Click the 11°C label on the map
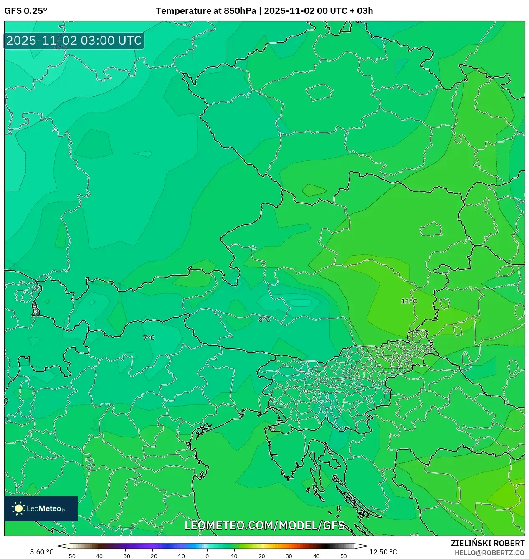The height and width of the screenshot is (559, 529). [x=409, y=301]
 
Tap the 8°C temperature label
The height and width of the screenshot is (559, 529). [x=264, y=320]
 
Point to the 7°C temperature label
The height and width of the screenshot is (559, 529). [x=149, y=338]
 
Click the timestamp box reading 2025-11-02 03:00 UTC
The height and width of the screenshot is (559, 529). [x=74, y=41]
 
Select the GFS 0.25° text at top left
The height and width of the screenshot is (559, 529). [x=25, y=11]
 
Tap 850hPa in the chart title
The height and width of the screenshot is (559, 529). [x=240, y=11]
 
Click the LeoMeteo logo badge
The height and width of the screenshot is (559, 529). [x=41, y=508]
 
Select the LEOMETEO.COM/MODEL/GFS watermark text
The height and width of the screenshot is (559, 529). [x=264, y=525]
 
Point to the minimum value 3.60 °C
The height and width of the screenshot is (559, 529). [x=42, y=552]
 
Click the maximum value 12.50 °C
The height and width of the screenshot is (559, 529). [x=383, y=552]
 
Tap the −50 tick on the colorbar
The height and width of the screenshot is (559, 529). [x=71, y=556]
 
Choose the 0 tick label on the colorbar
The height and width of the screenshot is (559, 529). [x=207, y=556]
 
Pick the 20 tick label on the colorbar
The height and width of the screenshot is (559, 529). [x=262, y=556]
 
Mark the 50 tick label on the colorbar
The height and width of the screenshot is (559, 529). [x=344, y=556]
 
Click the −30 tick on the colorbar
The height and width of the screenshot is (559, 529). [x=125, y=556]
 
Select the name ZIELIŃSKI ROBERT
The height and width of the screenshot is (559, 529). [x=487, y=543]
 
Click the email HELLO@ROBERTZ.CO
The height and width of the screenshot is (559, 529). [x=489, y=553]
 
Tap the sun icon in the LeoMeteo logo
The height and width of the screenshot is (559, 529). [x=18, y=508]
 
